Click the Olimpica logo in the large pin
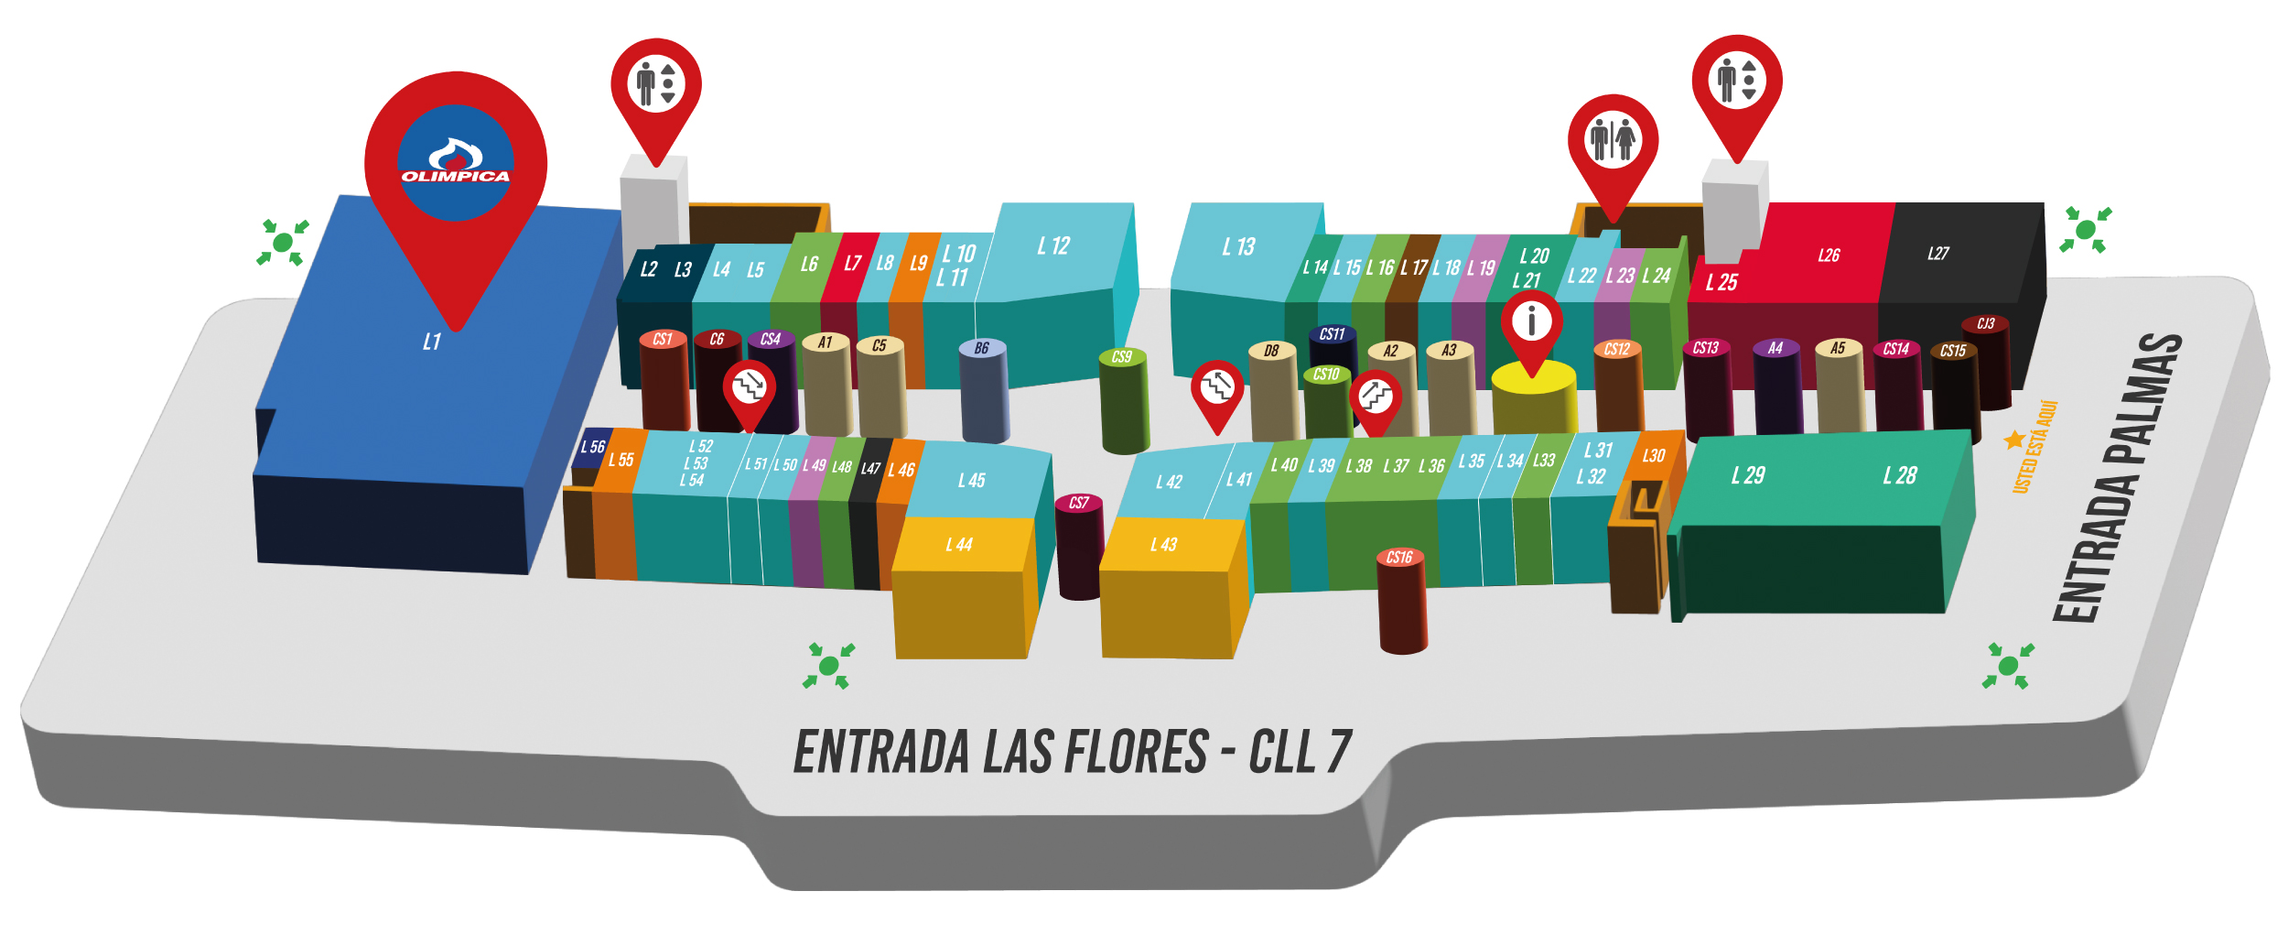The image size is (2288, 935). [455, 163]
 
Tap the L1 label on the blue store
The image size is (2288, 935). [432, 342]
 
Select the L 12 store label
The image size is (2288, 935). [1053, 246]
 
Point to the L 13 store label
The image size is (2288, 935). [1238, 247]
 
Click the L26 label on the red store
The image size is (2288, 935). [1829, 255]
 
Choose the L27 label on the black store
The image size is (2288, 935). [1937, 254]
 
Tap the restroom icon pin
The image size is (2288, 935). [1612, 140]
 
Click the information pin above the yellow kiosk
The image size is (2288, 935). [1531, 321]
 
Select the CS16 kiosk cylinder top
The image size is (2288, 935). [1399, 557]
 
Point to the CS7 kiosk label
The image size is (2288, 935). [1079, 503]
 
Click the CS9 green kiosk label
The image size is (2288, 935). [1122, 357]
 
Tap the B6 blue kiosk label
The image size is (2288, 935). [982, 348]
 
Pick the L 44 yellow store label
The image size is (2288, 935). [959, 545]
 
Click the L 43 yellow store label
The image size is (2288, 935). [1163, 545]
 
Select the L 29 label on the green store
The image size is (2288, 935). [1747, 475]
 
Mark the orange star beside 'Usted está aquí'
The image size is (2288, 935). [2013, 440]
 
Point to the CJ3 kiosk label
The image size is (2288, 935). [1985, 324]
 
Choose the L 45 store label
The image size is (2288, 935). [971, 481]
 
